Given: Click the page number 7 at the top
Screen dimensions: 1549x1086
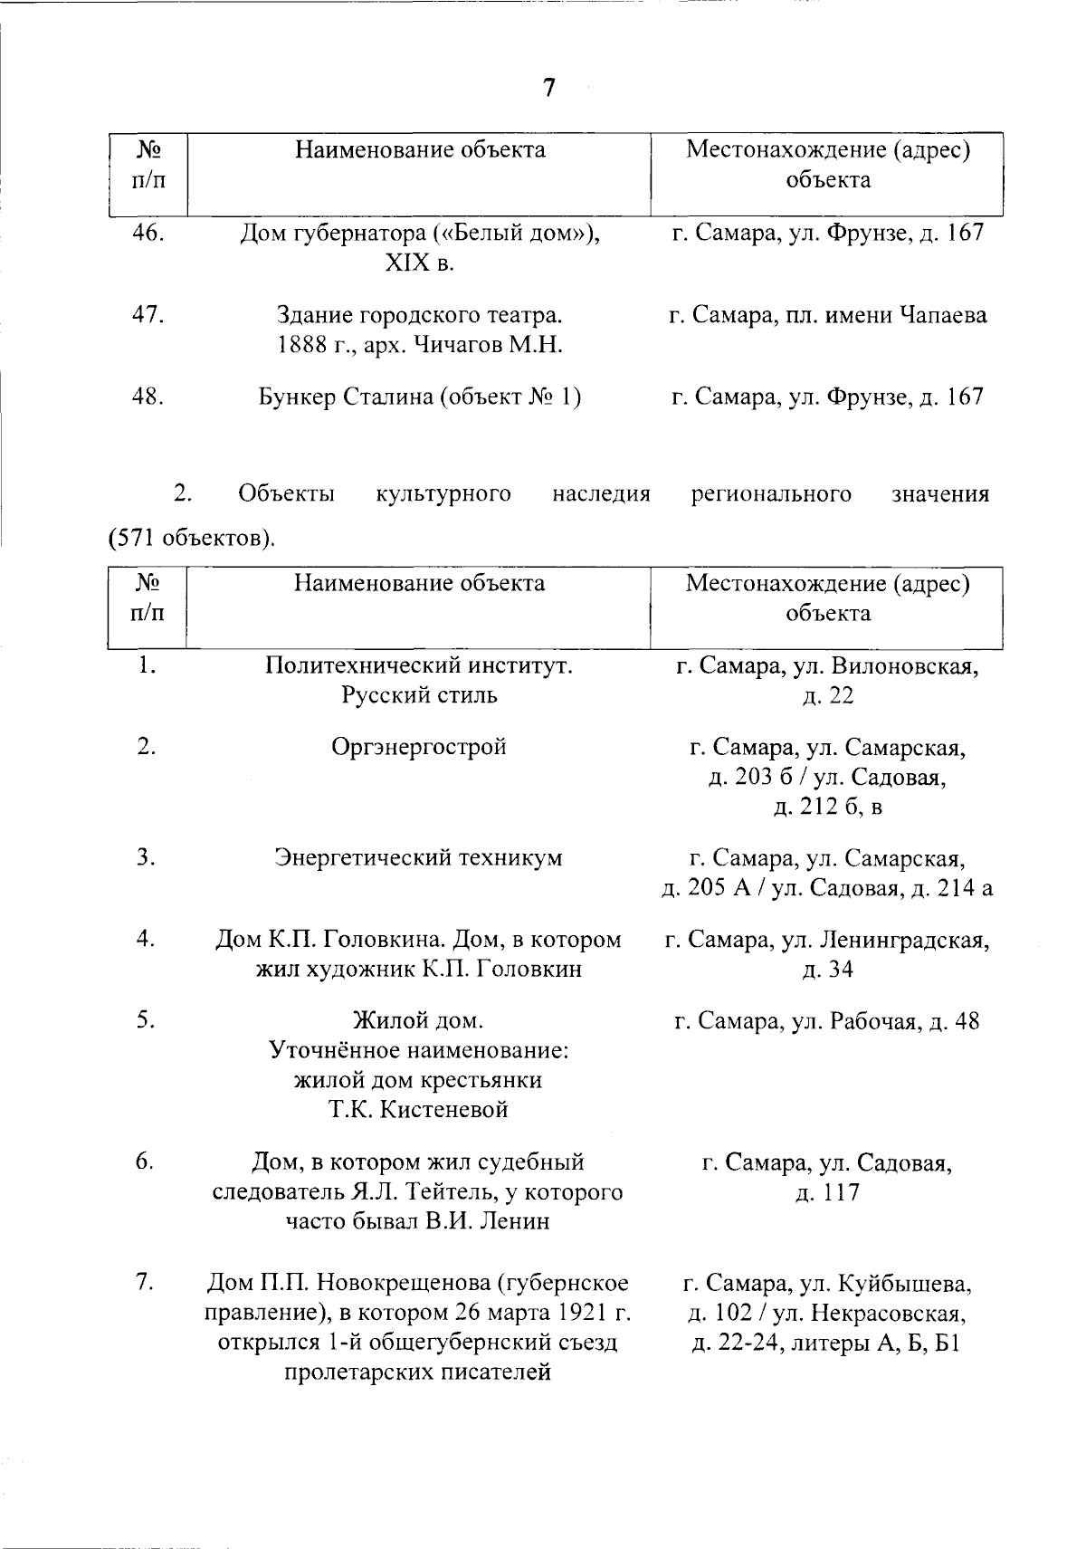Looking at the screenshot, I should (x=548, y=89).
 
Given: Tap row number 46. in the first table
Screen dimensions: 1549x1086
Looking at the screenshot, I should (x=148, y=233).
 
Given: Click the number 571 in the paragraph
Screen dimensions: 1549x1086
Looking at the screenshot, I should (x=136, y=539).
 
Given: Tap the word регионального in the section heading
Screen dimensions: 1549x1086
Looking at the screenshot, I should (x=771, y=494).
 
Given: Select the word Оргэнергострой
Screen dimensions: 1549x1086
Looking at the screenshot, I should (x=419, y=747).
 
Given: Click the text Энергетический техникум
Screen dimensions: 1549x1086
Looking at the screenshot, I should (x=419, y=857).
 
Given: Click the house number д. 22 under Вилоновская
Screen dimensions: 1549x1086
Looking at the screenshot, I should (x=828, y=696).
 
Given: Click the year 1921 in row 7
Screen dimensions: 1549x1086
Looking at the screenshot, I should (x=578, y=1312).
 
